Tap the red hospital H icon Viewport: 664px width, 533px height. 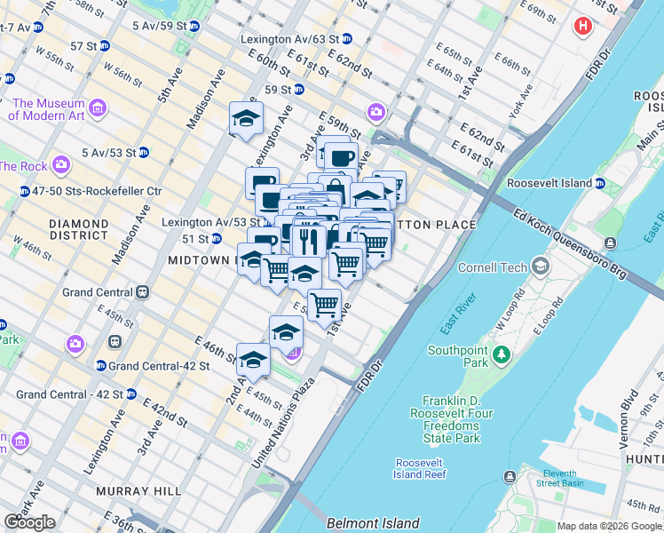(582, 26)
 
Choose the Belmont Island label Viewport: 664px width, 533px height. (373, 524)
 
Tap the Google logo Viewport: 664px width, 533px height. (29, 522)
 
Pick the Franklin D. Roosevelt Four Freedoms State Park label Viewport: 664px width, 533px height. (451, 419)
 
